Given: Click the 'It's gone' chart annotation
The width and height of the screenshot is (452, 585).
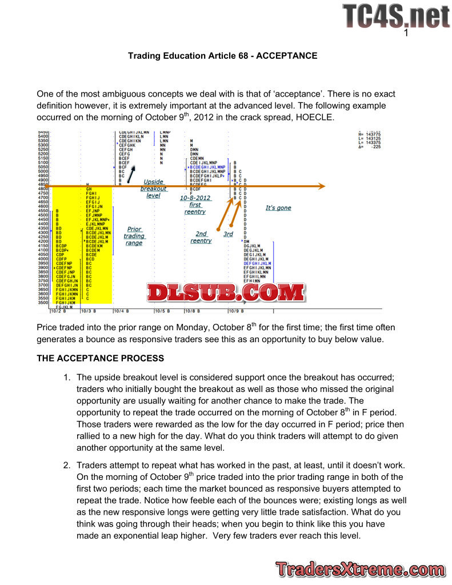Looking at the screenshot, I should tap(278, 208).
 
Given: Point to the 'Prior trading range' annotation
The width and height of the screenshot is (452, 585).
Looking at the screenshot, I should tap(134, 236).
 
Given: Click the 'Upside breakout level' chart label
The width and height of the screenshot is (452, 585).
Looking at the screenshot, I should tap(153, 189).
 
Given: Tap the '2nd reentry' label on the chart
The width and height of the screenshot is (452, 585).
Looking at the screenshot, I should tap(201, 237).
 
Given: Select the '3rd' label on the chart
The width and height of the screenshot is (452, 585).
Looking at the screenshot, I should tap(228, 234).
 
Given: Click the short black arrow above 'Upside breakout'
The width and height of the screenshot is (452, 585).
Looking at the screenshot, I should tap(131, 174).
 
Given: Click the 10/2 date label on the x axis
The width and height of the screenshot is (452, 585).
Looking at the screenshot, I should tap(58, 311).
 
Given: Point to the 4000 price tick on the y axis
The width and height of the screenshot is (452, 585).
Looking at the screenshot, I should tap(43, 258).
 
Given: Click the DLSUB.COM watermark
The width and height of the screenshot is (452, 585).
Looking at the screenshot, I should tap(226, 293).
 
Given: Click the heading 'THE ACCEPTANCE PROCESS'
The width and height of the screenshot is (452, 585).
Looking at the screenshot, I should tap(100, 359).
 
